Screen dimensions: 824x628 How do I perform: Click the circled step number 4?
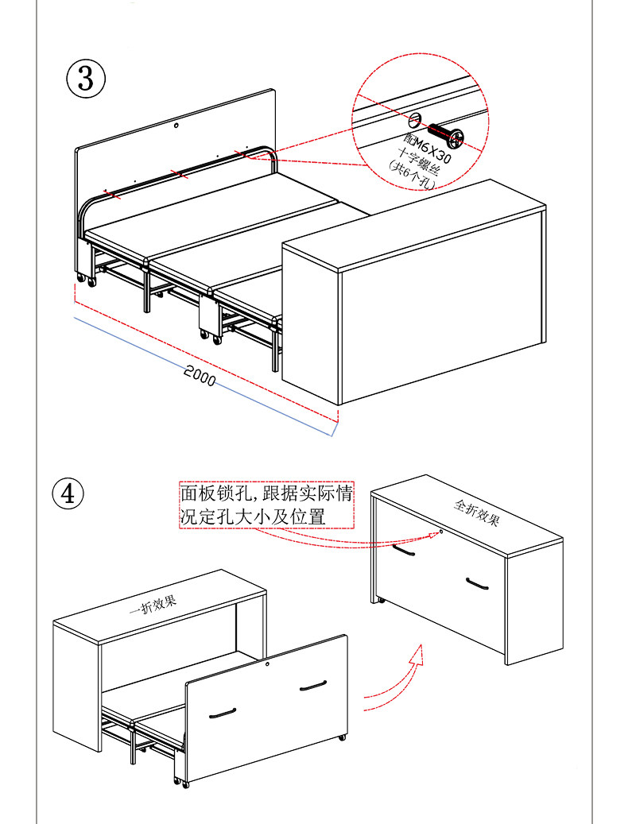[68, 493]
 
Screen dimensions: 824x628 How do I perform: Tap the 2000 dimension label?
[200, 375]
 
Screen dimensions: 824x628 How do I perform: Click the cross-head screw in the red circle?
[446, 135]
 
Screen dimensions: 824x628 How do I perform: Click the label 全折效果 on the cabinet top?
[476, 513]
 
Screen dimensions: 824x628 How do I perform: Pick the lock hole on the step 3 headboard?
[177, 126]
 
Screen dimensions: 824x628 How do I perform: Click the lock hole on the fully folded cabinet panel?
[442, 531]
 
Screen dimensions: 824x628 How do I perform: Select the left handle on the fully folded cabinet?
[404, 549]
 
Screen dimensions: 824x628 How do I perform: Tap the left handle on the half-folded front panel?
[223, 714]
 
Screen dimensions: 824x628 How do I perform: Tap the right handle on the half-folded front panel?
[312, 686]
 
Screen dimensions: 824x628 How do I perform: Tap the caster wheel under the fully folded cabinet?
[381, 599]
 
